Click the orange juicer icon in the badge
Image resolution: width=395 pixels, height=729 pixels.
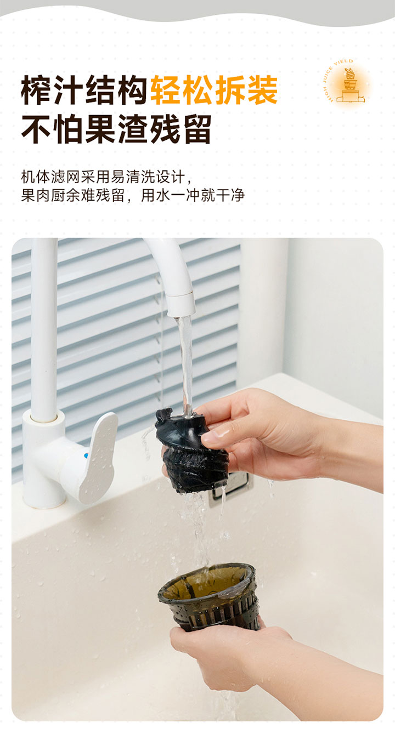click(x=351, y=84)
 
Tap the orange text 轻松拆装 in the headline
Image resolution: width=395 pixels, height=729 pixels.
click(x=215, y=90)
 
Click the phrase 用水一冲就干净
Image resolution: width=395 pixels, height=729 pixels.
click(x=193, y=195)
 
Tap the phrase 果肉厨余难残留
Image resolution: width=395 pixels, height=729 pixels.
click(x=72, y=195)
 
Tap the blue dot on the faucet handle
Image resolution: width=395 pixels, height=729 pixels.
click(x=87, y=455)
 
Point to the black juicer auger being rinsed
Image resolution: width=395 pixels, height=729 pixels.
click(x=190, y=451)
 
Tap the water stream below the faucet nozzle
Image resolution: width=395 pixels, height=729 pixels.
click(x=186, y=364)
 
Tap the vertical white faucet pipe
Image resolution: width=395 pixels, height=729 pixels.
click(x=44, y=326)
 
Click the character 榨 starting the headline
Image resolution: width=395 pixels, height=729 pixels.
click(x=36, y=90)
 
